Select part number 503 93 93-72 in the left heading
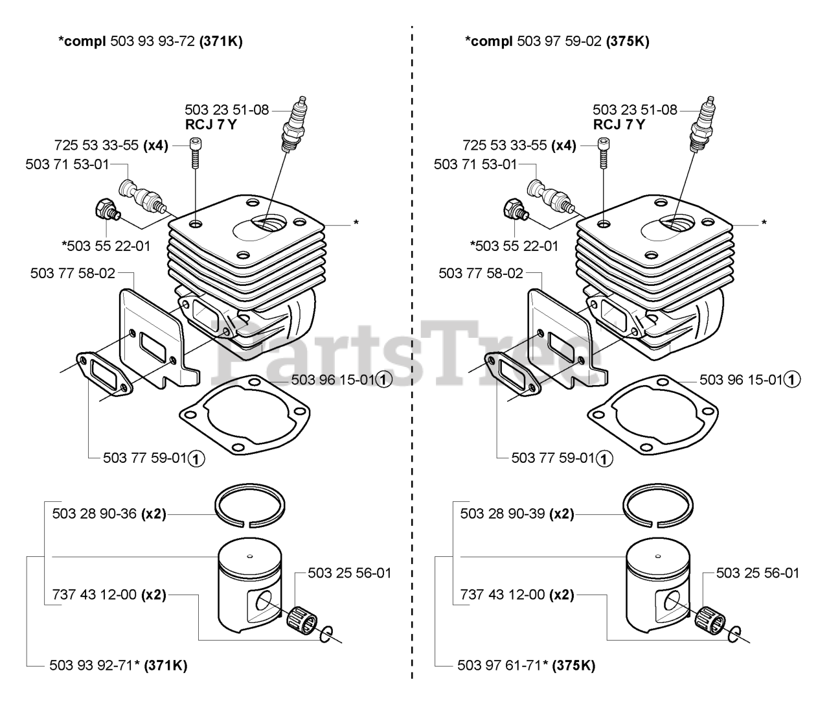click(x=153, y=42)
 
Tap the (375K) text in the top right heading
click(x=628, y=42)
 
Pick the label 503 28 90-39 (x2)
click(x=517, y=514)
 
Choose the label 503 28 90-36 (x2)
click(x=109, y=514)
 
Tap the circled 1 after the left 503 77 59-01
click(x=196, y=459)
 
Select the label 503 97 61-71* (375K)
click(x=526, y=665)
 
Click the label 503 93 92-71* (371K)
click(x=118, y=665)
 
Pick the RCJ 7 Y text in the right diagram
click(x=619, y=124)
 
